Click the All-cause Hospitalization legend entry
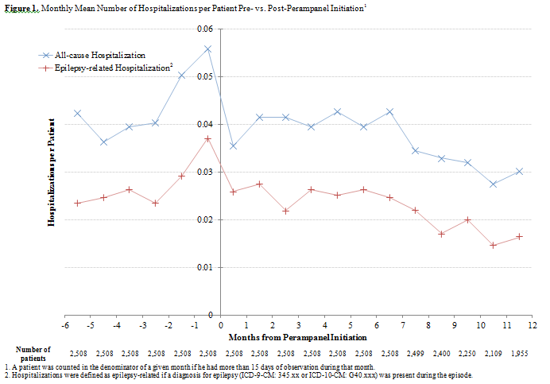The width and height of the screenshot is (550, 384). click(x=100, y=56)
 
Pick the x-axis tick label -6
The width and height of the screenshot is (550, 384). click(x=64, y=326)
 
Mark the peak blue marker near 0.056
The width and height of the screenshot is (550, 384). click(x=207, y=48)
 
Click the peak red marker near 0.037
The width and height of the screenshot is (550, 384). click(x=207, y=138)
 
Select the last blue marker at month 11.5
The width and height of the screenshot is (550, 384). click(x=519, y=171)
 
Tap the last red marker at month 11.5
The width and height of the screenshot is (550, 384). click(x=519, y=236)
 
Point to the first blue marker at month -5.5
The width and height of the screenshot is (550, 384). click(x=78, y=113)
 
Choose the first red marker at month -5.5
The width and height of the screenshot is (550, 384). click(x=78, y=203)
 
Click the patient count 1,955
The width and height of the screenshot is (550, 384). click(x=519, y=351)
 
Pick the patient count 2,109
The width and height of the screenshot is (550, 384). click(x=493, y=351)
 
